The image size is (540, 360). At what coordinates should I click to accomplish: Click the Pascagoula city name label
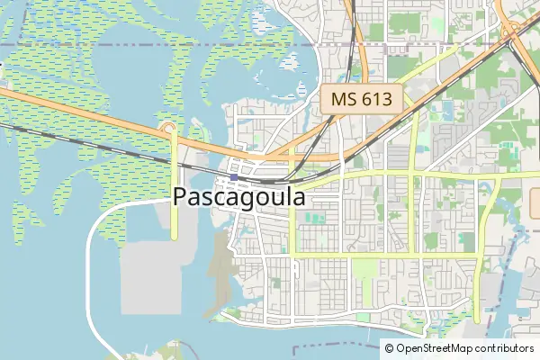pyautogui.click(x=238, y=197)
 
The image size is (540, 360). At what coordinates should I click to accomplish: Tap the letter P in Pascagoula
pyautogui.click(x=180, y=197)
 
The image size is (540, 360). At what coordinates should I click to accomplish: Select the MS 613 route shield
pyautogui.click(x=362, y=100)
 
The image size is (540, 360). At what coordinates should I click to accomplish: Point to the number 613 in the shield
pyautogui.click(x=374, y=100)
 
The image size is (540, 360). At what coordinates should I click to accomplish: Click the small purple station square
pyautogui.click(x=234, y=177)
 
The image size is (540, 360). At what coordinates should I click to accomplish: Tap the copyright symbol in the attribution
pyautogui.click(x=389, y=348)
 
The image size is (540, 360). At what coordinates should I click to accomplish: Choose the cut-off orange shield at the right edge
pyautogui.click(x=535, y=202)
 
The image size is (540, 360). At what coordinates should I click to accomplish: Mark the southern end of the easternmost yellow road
pyautogui.click(x=476, y=319)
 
